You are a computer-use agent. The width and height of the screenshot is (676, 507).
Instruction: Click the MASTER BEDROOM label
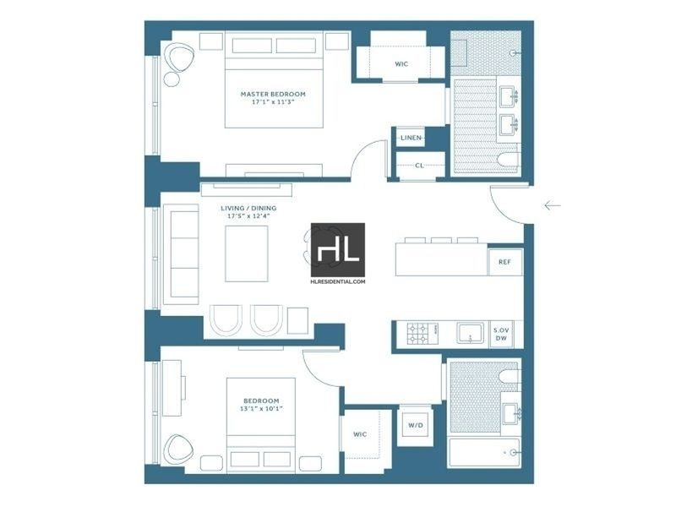pos(273,94)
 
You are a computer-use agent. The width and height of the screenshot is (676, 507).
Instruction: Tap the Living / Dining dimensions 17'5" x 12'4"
pos(248,216)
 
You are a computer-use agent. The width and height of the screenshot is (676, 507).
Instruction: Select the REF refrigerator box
pos(504,262)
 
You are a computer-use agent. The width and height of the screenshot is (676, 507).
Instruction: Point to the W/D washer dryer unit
pos(416,426)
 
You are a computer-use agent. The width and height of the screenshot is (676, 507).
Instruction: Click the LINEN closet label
pos(411,138)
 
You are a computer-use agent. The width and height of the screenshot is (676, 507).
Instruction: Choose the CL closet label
pos(419,166)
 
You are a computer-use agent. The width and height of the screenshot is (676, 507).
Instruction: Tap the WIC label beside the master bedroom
pos(401,64)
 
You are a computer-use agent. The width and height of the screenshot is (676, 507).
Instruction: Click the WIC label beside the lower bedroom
pos(360,434)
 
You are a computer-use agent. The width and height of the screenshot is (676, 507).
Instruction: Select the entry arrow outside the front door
pos(553,205)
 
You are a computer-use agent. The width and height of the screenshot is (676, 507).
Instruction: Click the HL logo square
pos(338,249)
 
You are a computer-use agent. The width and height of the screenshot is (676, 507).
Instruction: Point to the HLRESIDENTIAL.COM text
pos(338,281)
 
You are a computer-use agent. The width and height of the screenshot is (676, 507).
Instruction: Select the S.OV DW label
pos(501,334)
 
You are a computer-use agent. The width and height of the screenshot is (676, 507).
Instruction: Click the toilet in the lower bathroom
pos(510,376)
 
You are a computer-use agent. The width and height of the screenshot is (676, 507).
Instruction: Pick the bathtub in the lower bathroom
pos(484,453)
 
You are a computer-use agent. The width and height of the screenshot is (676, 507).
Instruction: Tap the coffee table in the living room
pos(247,254)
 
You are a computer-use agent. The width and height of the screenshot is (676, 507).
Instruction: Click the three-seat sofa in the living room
pos(181,254)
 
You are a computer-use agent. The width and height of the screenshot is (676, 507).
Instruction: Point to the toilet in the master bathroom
pos(508,160)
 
